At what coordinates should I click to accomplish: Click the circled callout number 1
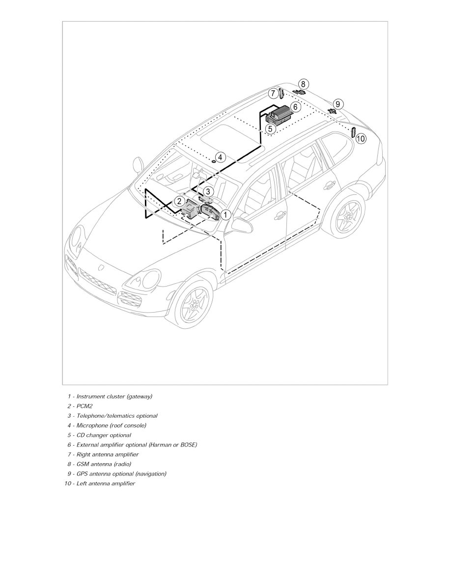[x=225, y=214]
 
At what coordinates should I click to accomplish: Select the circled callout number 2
[x=180, y=201]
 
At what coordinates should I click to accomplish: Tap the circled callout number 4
[x=220, y=158]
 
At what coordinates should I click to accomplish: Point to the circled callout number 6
[x=295, y=106]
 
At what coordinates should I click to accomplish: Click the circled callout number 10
[x=361, y=139]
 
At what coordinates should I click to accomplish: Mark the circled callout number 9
[x=338, y=104]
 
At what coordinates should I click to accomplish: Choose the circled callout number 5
[x=270, y=129]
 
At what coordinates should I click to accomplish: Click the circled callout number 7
[x=273, y=93]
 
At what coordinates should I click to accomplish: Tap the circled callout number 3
[x=208, y=191]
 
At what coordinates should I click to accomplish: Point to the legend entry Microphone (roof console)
[x=111, y=425]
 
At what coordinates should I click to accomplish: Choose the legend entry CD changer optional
[x=104, y=435]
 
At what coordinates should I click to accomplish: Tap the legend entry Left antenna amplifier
[x=106, y=484]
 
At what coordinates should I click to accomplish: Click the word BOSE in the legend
[x=188, y=445]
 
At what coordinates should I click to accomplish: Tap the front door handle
[x=281, y=215]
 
